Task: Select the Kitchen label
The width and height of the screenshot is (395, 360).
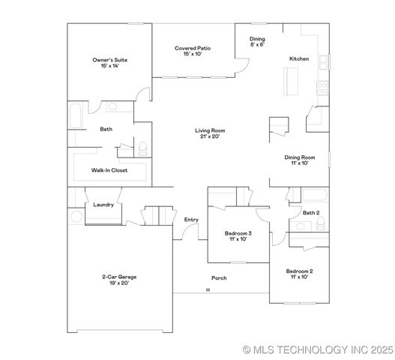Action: [300, 58]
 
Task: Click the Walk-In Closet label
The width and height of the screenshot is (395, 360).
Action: [109, 170]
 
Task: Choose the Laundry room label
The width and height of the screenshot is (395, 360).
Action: [103, 204]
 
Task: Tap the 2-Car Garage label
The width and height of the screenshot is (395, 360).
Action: [120, 277]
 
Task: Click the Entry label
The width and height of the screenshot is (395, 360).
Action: [191, 219]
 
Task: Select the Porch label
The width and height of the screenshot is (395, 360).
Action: [219, 278]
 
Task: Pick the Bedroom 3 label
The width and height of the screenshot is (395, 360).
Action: [238, 233]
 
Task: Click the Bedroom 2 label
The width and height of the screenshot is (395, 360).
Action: [299, 271]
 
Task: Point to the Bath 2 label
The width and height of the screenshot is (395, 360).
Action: [311, 213]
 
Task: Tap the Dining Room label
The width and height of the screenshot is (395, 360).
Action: [298, 157]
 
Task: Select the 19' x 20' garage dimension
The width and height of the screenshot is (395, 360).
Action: [120, 283]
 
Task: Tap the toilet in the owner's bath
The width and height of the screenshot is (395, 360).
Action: [143, 145]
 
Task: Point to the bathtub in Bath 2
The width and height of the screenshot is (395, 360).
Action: [313, 196]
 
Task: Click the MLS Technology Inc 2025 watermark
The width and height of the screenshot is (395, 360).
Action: [318, 349]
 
